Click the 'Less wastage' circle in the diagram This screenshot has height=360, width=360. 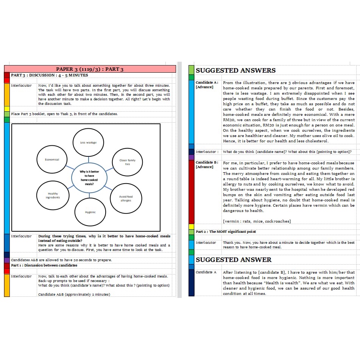(x=88, y=142)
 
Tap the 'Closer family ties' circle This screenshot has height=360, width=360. (x=127, y=162)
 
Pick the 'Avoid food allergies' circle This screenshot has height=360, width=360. (x=126, y=198)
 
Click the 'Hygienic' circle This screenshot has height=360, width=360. (x=90, y=212)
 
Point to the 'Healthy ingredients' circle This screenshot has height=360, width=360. (x=53, y=195)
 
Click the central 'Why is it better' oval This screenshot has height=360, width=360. (x=89, y=177)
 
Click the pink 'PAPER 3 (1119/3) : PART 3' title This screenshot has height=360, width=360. (x=90, y=69)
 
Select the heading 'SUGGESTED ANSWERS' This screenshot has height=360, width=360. (x=235, y=70)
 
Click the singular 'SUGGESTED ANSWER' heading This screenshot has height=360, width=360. (x=233, y=260)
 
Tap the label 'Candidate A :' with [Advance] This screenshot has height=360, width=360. (x=207, y=84)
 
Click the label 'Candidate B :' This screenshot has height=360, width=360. (x=207, y=164)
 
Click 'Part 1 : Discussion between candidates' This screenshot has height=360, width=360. (x=44, y=265)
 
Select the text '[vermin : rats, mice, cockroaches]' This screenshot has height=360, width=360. (x=257, y=221)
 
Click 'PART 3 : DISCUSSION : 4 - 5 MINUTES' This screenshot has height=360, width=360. (x=49, y=75)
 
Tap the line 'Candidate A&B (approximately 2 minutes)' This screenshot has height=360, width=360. (x=74, y=294)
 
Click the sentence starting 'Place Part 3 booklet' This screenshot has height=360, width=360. (x=64, y=114)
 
